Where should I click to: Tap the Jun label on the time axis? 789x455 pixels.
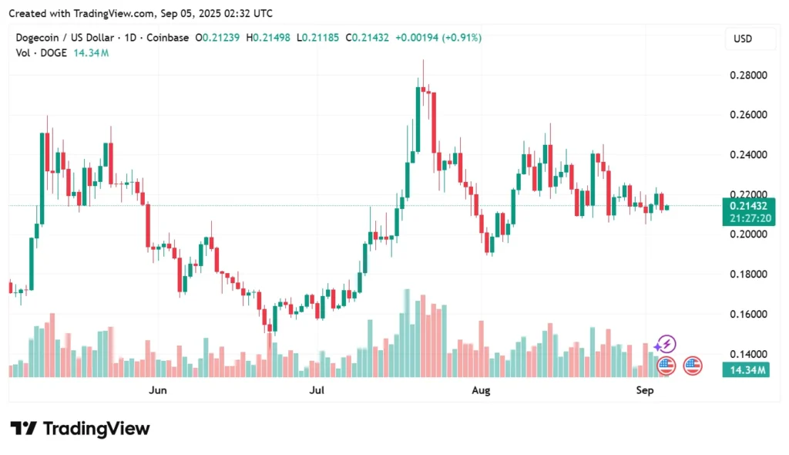click(157, 391)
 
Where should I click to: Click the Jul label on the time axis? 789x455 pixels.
click(317, 391)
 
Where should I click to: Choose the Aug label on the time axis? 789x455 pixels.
click(481, 391)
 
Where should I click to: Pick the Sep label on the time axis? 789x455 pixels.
click(645, 391)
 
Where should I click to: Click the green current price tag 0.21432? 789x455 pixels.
click(746, 205)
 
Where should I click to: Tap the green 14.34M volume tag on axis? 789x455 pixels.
click(746, 370)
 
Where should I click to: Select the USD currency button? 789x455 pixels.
click(743, 39)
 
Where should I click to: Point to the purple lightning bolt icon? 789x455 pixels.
click(666, 344)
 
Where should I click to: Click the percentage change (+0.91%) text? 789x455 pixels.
click(460, 38)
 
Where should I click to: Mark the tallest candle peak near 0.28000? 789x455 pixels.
click(422, 62)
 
